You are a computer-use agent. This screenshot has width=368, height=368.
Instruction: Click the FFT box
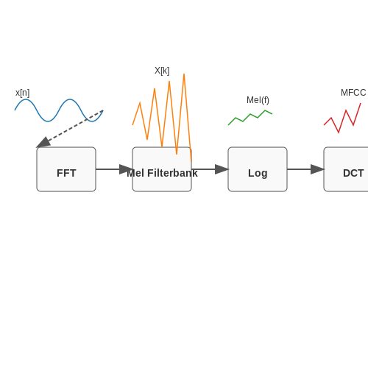pyautogui.click(x=66, y=169)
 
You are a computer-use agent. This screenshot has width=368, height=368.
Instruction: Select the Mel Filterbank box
pyautogui.click(x=162, y=169)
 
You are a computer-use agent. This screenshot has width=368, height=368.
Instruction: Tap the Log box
pyautogui.click(x=258, y=169)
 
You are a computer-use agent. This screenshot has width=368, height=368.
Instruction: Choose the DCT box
pyautogui.click(x=346, y=169)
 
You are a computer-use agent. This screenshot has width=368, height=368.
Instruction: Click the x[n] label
pyautogui.click(x=22, y=93)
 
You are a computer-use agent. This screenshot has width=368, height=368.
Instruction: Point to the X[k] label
pyautogui.click(x=162, y=71)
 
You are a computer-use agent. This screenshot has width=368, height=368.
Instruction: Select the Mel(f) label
pyautogui.click(x=258, y=100)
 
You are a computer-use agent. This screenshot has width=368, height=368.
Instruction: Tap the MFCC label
pyautogui.click(x=353, y=93)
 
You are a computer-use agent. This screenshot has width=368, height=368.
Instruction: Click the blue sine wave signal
pyautogui.click(x=59, y=110)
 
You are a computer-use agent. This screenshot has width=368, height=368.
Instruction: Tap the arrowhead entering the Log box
pyautogui.click(x=222, y=169)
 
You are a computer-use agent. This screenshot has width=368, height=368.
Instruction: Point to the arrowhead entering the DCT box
pyautogui.click(x=317, y=169)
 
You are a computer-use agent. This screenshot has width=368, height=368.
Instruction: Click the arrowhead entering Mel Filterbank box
pyautogui.click(x=126, y=169)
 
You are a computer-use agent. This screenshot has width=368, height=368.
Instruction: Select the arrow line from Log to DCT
pyautogui.click(x=305, y=169)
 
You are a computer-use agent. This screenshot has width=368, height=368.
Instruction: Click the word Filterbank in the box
pyautogui.click(x=172, y=173)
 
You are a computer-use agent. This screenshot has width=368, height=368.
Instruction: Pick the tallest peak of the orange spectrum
pyautogui.click(x=184, y=74)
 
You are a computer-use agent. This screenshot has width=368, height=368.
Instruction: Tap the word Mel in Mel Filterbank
pyautogui.click(x=135, y=173)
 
